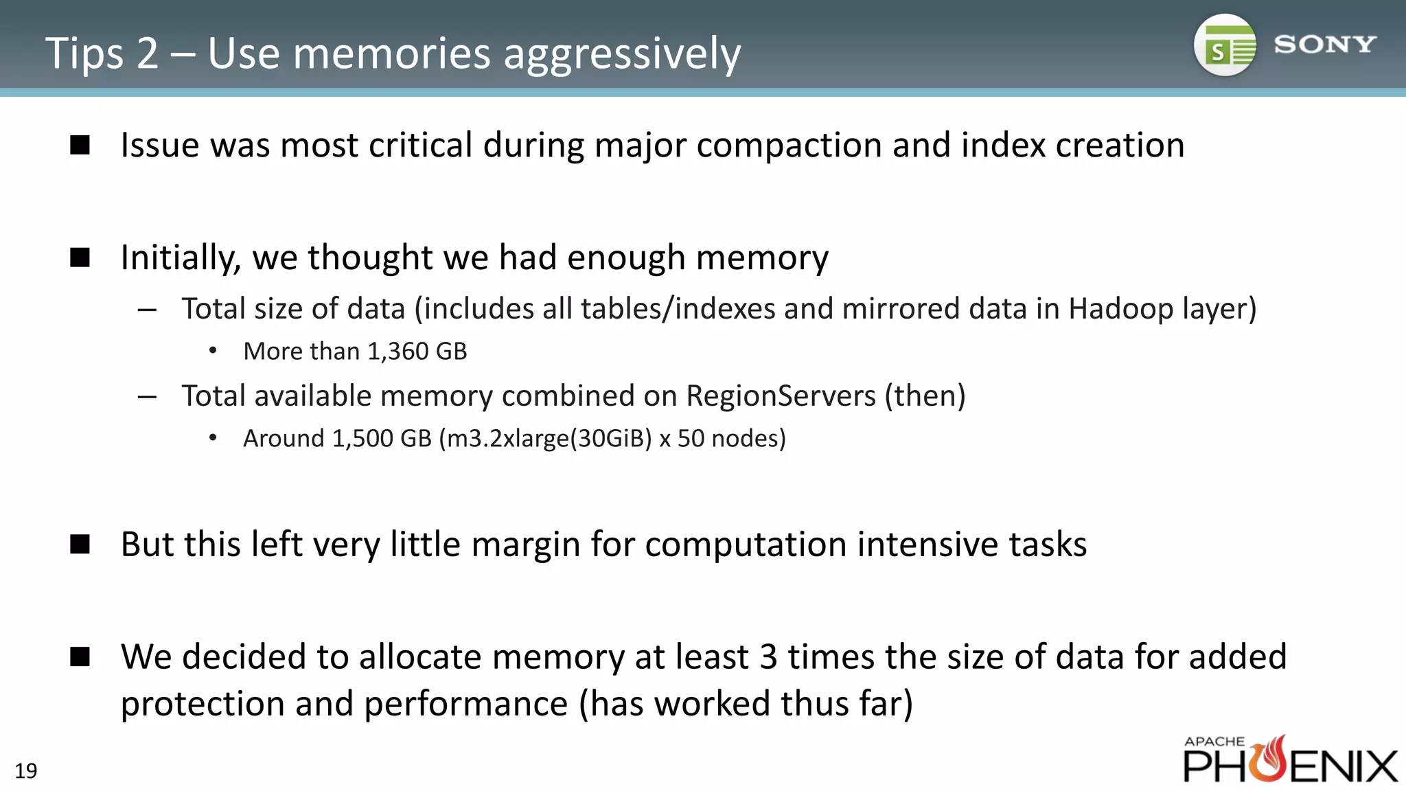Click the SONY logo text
[x=1324, y=45]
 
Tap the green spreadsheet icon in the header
[x=1226, y=46]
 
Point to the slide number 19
[x=26, y=771]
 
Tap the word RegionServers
[x=781, y=396]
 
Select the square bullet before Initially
[x=80, y=257]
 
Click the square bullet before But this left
[x=80, y=544]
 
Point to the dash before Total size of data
[x=147, y=310]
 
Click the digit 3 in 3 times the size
[x=768, y=656]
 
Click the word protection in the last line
[x=203, y=704]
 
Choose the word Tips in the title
[x=84, y=54]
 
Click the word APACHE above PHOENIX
[x=1214, y=742]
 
